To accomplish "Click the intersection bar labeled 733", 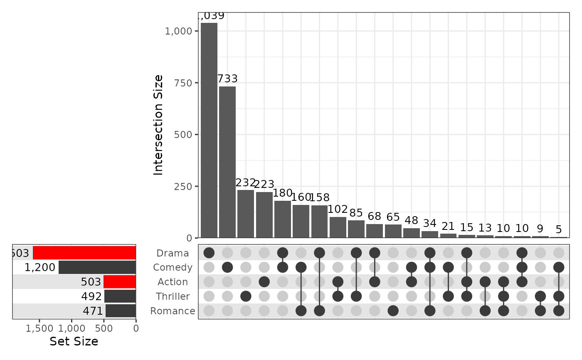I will (x=227, y=162).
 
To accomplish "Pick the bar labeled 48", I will (x=412, y=233).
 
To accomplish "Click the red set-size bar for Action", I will (x=120, y=282).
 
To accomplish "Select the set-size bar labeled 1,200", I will (x=97, y=267).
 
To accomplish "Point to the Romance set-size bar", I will (x=121, y=311).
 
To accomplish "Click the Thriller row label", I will (x=173, y=296).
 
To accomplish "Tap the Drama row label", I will (x=173, y=253).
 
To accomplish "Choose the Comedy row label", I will (x=173, y=267).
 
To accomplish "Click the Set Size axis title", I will (x=74, y=342).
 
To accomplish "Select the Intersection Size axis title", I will (x=159, y=125).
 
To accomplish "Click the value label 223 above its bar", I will (x=264, y=184).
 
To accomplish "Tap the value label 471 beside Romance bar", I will (x=92, y=311).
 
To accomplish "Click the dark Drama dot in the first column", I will (x=209, y=253).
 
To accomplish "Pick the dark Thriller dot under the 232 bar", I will (x=246, y=296).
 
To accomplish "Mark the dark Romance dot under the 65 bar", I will (x=393, y=311).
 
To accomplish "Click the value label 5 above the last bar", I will (x=559, y=229).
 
